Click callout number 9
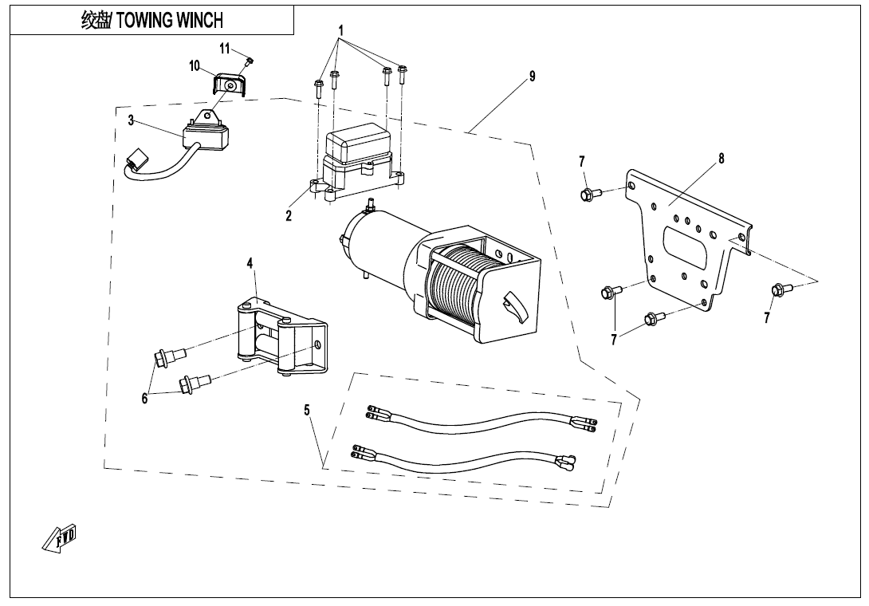pos(532,77)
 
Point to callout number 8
pos(722,158)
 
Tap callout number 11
pos(225,49)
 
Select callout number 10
pos(195,66)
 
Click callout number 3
pos(132,122)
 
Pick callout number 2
pos(289,215)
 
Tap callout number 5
pos(307,410)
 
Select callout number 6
pos(144,399)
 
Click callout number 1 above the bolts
pos(341,30)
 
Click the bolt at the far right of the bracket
pos(779,289)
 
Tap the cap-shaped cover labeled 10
pos(229,85)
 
